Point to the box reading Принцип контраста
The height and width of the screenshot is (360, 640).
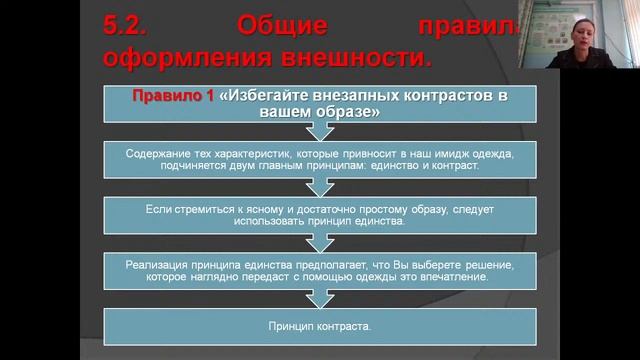(x=320, y=327)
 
